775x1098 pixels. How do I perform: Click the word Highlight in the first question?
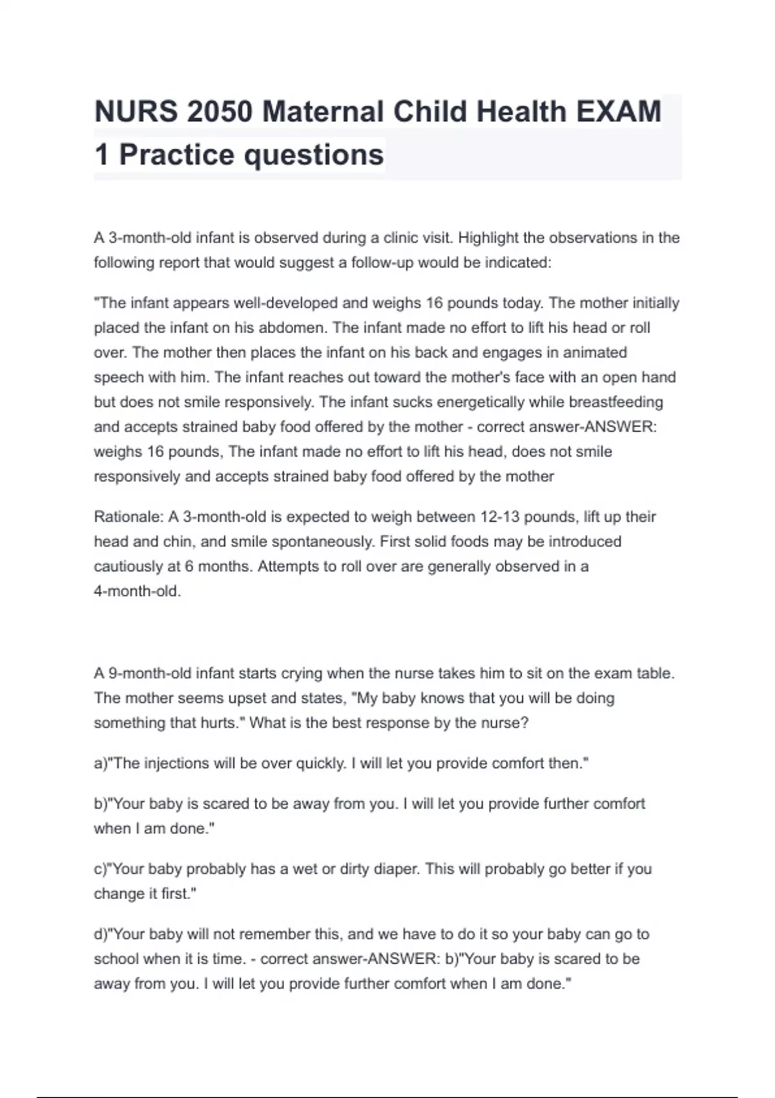[488, 238]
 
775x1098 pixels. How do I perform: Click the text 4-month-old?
[137, 591]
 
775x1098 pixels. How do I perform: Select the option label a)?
[99, 763]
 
